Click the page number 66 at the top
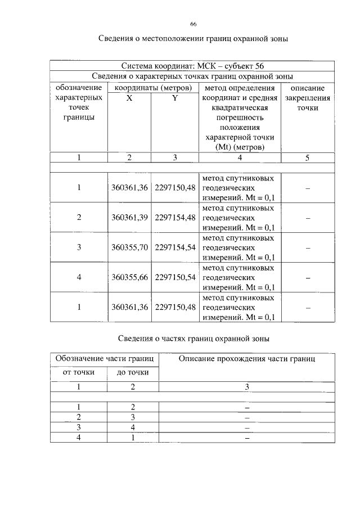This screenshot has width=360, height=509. pyautogui.click(x=193, y=24)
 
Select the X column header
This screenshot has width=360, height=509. pyautogui.click(x=129, y=98)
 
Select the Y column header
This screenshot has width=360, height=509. pyautogui.click(x=174, y=98)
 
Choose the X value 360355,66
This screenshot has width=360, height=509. pyautogui.click(x=129, y=277)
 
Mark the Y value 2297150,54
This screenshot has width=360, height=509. pyautogui.click(x=175, y=277)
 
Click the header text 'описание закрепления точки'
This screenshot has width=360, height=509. pyautogui.click(x=308, y=98)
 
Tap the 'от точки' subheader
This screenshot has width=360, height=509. pyautogui.click(x=79, y=372)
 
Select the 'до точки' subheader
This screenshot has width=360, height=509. pyautogui.click(x=133, y=372)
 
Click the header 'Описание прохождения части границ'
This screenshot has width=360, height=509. pyautogui.click(x=247, y=358)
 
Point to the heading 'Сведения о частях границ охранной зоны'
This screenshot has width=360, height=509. pyautogui.click(x=193, y=339)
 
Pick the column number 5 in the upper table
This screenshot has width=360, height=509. pyautogui.click(x=308, y=158)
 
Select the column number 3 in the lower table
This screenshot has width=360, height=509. pyautogui.click(x=247, y=387)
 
